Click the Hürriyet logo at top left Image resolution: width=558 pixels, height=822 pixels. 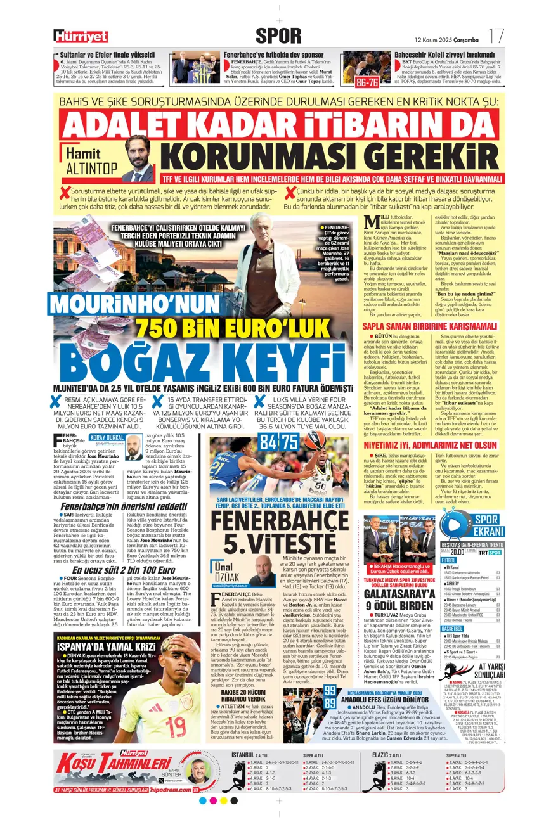(x=80, y=36)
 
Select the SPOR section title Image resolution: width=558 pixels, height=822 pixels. (x=278, y=35)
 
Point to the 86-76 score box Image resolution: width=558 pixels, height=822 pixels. (x=368, y=82)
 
